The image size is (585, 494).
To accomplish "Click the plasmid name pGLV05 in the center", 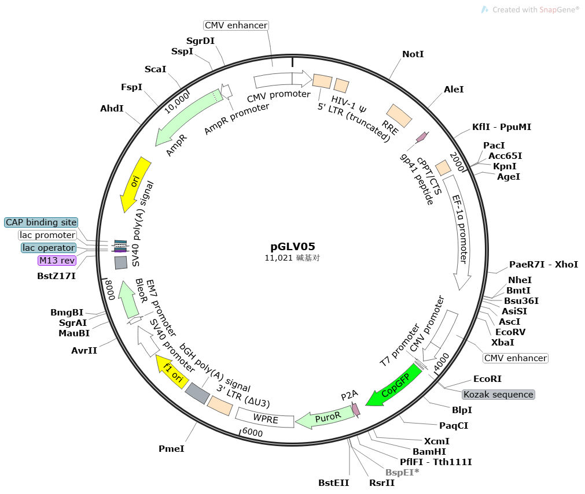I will (x=292, y=246).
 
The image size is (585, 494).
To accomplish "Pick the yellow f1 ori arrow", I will (x=172, y=371).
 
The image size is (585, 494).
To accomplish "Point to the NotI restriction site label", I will (x=413, y=54).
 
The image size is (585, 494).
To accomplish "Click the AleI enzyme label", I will (x=454, y=90).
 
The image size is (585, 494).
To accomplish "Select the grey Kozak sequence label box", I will (x=498, y=395).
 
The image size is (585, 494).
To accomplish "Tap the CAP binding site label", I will (x=41, y=222).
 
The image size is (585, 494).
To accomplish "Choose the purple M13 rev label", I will (x=57, y=261).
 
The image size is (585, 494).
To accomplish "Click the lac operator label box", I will (x=49, y=248).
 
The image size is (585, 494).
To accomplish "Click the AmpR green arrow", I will (x=185, y=121).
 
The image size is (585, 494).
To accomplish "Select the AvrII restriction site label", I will (x=84, y=351).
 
